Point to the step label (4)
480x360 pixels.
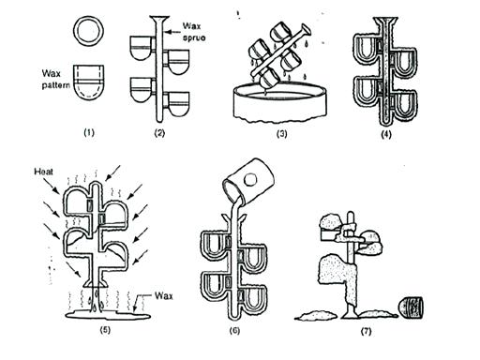point(387,133)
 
